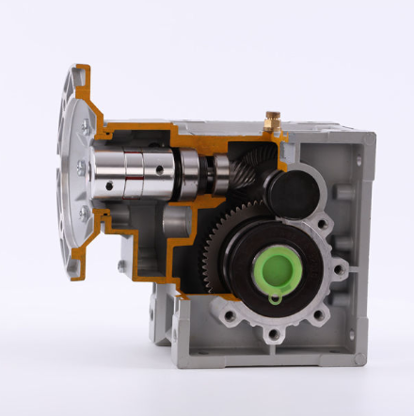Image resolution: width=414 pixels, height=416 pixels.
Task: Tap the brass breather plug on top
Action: pyautogui.click(x=272, y=119)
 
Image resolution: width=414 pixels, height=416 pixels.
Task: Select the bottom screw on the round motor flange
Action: pyautogui.click(x=84, y=214)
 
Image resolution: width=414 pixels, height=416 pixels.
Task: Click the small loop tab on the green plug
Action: pyautogui.click(x=273, y=300)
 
